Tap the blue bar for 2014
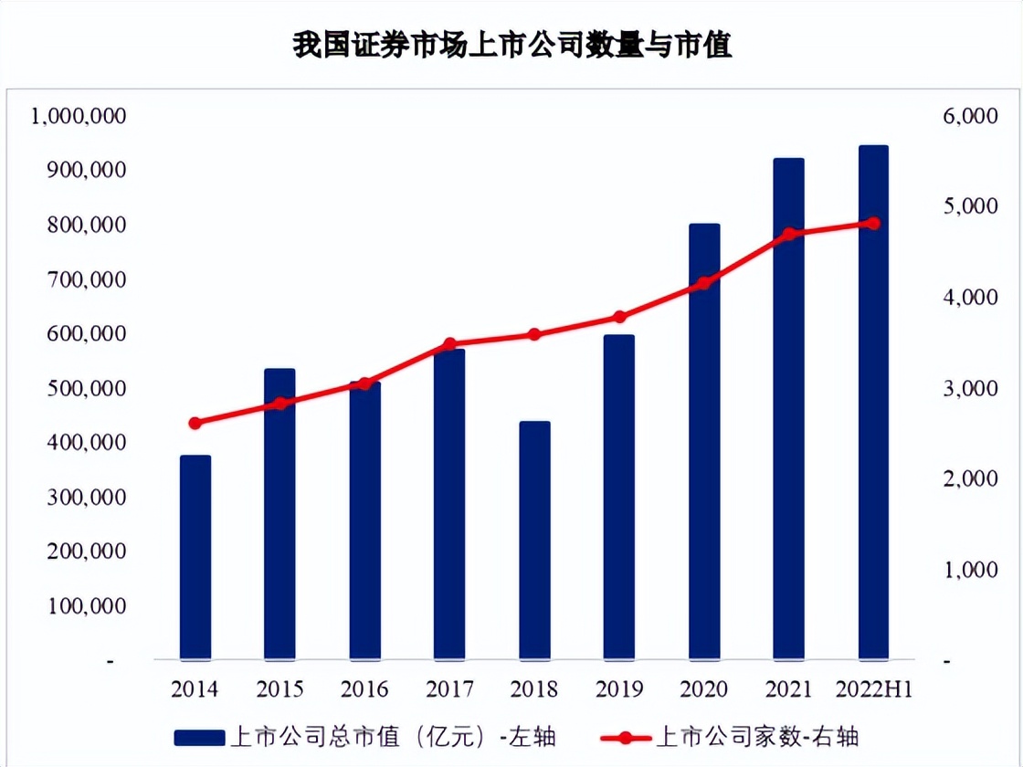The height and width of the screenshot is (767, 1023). pos(195,557)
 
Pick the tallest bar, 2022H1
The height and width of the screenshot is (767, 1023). pos(873,402)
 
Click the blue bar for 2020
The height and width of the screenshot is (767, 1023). pos(704,441)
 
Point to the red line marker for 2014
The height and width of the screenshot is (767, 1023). pos(195,423)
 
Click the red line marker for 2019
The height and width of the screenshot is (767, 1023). pos(619,317)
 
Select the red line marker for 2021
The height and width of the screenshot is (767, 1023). pos(789,234)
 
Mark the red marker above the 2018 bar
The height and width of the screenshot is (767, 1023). pos(534,334)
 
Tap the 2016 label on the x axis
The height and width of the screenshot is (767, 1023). pos(364,688)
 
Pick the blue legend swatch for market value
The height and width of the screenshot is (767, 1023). pos(198,736)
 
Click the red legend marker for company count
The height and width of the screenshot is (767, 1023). pos(626,736)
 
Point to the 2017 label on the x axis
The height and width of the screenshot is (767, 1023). pos(449,688)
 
